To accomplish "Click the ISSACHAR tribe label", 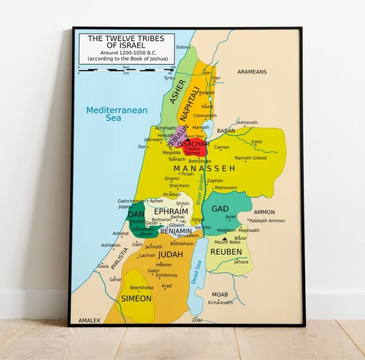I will (x=193, y=144).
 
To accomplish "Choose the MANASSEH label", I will (x=204, y=167).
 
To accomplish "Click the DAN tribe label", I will (x=136, y=215).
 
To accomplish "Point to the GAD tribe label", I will (x=220, y=209).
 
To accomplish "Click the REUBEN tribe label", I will (x=226, y=251).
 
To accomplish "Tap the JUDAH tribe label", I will (x=170, y=254).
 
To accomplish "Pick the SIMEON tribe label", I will (x=137, y=299).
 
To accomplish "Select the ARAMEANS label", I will (x=252, y=72).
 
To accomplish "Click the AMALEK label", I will (x=89, y=320).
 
